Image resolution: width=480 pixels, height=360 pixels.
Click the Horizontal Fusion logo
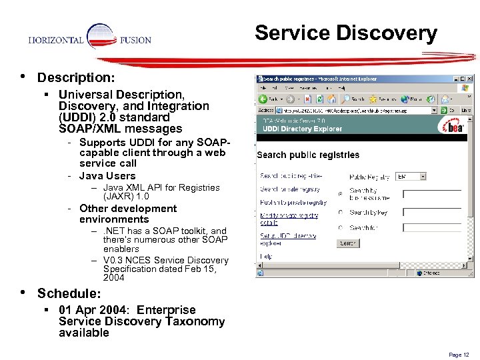(90, 39)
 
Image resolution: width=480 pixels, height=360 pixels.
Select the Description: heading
(76, 78)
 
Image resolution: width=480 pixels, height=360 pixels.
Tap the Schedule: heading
(69, 293)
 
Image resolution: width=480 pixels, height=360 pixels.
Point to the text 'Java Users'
(107, 176)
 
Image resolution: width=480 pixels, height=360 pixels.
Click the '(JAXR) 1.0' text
(126, 197)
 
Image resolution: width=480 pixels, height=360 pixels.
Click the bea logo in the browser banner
(453, 127)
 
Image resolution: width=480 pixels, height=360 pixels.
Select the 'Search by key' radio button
(341, 213)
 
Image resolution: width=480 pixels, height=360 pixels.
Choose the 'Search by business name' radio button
(341, 194)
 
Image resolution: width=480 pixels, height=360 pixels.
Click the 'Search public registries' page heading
(308, 155)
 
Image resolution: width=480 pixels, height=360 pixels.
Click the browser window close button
(469, 79)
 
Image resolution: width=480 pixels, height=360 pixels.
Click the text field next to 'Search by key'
(432, 213)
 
